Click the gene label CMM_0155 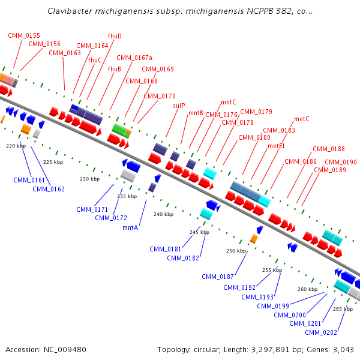[24, 35]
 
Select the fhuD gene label [114, 36]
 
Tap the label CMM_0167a [134, 58]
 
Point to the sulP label [179, 106]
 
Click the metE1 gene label [276, 146]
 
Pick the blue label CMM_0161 [29, 180]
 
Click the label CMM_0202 [321, 332]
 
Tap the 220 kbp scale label [16, 146]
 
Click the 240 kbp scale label [163, 214]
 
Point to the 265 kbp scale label [343, 309]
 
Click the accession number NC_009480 [66, 349]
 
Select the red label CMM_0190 [341, 162]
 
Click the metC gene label [302, 119]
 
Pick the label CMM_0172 [111, 218]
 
